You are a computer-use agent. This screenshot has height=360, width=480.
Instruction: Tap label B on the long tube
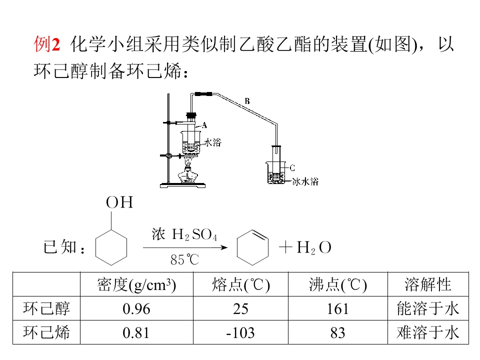point(247,101)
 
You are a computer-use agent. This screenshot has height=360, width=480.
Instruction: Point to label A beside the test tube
point(204,125)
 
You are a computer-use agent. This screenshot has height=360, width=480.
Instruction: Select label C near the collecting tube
point(292,167)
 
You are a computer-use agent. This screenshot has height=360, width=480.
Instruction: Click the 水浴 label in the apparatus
point(212,142)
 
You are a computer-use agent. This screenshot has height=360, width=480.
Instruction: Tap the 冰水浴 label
point(305,181)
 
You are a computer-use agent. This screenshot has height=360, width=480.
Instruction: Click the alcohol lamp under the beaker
point(188,175)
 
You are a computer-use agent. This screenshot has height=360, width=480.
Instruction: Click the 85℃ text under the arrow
point(184,260)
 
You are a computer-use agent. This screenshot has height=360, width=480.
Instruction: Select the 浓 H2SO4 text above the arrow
point(184,234)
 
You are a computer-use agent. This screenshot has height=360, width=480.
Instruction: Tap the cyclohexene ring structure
point(253,247)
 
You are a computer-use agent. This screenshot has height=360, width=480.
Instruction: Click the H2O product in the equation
point(313,248)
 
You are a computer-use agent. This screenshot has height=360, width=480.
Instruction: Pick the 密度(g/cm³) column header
point(136,284)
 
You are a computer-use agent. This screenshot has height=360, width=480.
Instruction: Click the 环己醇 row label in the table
point(46,308)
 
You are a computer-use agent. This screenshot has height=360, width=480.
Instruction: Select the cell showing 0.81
point(136,332)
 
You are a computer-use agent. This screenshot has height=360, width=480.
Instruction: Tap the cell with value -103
point(240,332)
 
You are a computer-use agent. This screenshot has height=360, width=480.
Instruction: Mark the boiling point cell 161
point(337,308)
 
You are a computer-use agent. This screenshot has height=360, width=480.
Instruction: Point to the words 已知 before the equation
point(60,247)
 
